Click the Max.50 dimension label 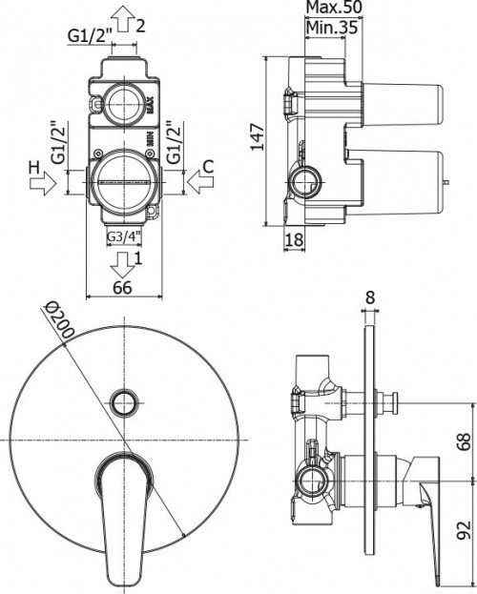point(334,7)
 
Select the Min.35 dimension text point(332,28)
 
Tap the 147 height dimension point(258,136)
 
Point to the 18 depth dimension point(294,239)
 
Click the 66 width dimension point(123,288)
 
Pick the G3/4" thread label point(124,237)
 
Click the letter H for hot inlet point(34,167)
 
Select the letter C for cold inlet point(208,167)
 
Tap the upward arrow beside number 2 point(124,22)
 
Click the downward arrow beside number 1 point(123,265)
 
